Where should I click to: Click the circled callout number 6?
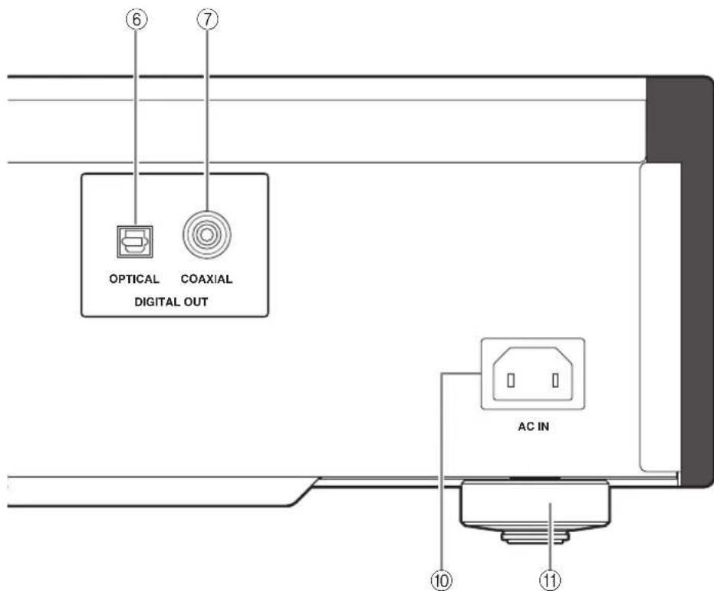pyautogui.click(x=137, y=20)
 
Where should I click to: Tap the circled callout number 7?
pyautogui.click(x=208, y=20)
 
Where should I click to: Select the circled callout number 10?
pyautogui.click(x=441, y=580)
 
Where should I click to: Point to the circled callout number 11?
pyautogui.click(x=551, y=580)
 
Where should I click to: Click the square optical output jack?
pyautogui.click(x=135, y=241)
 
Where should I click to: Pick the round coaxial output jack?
pyautogui.click(x=207, y=235)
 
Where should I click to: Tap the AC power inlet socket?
pyautogui.click(x=533, y=374)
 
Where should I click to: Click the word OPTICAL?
pyautogui.click(x=134, y=279)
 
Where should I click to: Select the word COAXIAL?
pyautogui.click(x=207, y=279)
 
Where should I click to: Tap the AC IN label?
pyautogui.click(x=534, y=427)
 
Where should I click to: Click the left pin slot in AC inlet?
pyautogui.click(x=511, y=380)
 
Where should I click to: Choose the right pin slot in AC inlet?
pyautogui.click(x=555, y=380)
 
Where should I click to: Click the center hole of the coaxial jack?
pyautogui.click(x=207, y=235)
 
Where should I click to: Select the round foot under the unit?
pyautogui.click(x=535, y=511)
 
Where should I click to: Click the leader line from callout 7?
pyautogui.click(x=208, y=120)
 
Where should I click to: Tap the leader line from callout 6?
pyautogui.click(x=136, y=128)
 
